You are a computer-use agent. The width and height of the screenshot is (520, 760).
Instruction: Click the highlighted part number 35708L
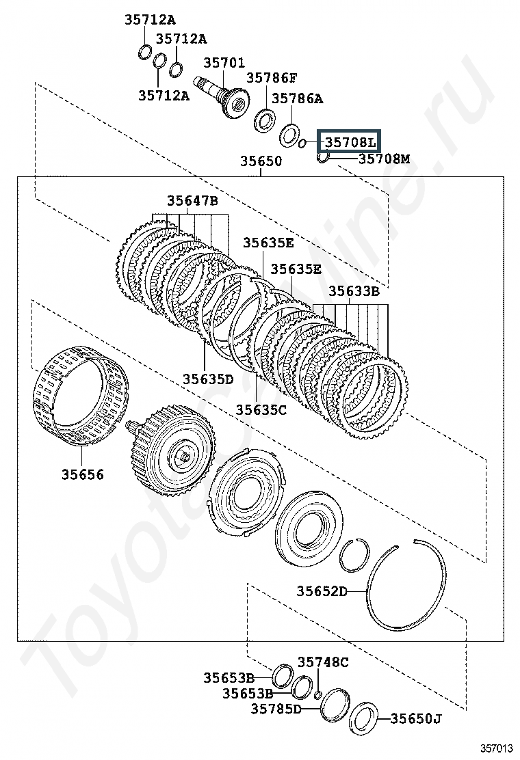point(350,142)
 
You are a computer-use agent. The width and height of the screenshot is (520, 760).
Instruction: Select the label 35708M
point(385,159)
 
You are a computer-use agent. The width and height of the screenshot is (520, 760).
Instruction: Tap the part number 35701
point(224,64)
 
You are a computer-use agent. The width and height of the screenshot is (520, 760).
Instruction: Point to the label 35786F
point(272,78)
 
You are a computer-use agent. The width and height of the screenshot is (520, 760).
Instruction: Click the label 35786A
point(297,98)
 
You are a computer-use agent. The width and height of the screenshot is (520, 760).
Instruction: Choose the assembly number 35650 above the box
point(261,162)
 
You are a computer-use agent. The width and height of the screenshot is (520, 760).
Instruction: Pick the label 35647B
point(192,200)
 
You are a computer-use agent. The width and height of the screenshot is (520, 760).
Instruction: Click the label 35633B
point(354,290)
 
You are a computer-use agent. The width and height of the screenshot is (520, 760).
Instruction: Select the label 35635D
point(208,379)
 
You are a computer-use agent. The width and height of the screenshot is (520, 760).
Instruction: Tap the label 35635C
point(261,409)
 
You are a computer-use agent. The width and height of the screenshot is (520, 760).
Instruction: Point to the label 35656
point(83,474)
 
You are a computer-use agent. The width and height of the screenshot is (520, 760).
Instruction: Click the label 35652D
point(322,591)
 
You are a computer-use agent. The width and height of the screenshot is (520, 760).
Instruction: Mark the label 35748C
point(323,662)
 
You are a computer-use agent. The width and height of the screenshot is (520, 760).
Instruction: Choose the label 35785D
point(276,709)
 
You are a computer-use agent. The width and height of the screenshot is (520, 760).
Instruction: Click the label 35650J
point(416,718)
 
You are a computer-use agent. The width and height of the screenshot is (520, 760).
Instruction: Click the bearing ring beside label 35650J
point(363,720)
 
